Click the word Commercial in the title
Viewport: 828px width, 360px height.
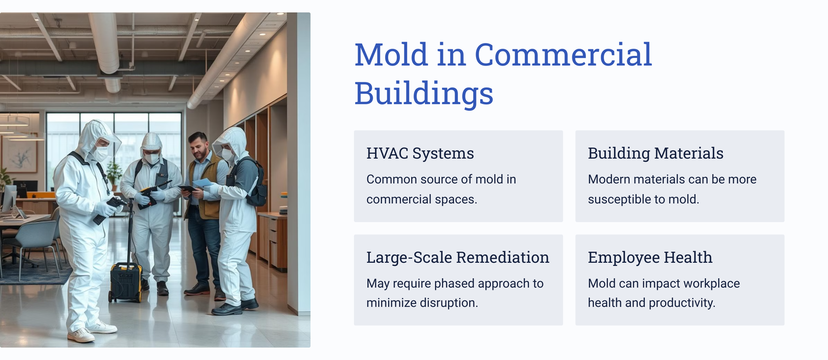[563, 54]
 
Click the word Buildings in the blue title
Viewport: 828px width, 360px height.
[424, 94]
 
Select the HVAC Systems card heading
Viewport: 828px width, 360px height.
[420, 154]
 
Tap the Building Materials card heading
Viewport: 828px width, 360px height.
[655, 154]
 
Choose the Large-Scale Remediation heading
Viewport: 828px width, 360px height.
[457, 257]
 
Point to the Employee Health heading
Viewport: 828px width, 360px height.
[650, 257]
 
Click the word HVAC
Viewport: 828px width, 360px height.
[387, 154]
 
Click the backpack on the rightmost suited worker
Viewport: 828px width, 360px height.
[256, 183]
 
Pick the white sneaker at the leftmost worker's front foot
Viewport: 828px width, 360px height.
[81, 335]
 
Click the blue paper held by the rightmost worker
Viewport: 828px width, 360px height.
[202, 183]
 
